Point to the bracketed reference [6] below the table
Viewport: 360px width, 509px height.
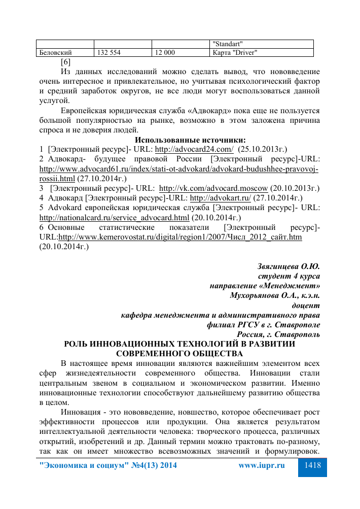coord(65,62)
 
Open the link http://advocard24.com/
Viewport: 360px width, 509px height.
coord(194,149)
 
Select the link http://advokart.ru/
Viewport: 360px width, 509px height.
coord(221,198)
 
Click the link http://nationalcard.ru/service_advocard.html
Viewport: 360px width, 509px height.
coord(114,218)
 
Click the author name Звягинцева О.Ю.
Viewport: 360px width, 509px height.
coord(289,266)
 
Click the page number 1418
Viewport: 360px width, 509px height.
coord(312,465)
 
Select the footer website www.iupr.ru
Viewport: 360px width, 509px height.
coord(262,465)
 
